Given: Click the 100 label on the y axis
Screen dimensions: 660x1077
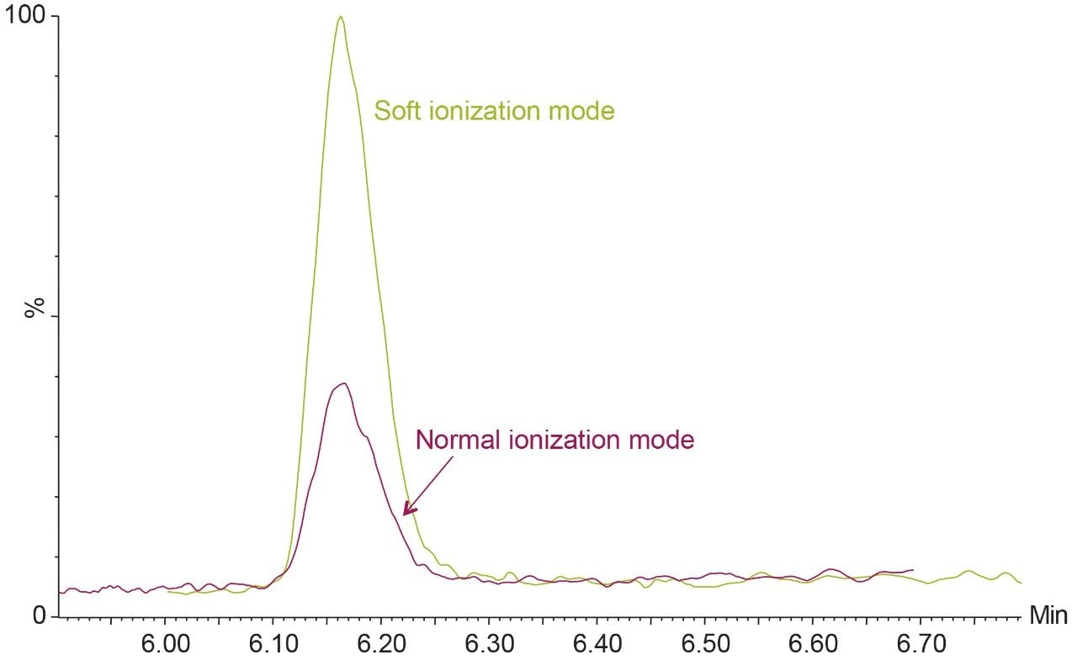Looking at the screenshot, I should (x=24, y=16).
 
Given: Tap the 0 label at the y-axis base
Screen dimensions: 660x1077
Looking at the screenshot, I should (x=39, y=616).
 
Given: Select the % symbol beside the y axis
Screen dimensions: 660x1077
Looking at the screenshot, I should (x=34, y=309).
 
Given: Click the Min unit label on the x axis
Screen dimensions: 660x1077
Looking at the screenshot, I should (x=1048, y=616).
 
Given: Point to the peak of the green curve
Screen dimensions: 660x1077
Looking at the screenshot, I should (x=340, y=17).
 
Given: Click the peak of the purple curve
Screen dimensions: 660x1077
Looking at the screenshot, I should (x=342, y=383).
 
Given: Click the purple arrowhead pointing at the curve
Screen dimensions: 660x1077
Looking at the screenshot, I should (x=406, y=510).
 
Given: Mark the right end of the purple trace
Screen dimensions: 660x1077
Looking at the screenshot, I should (x=912, y=570).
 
